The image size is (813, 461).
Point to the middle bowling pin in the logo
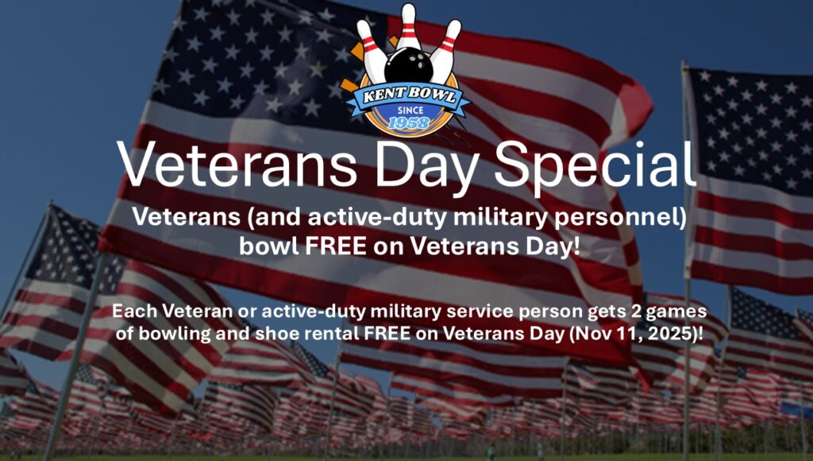(409, 28)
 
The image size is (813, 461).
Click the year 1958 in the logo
(409, 122)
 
